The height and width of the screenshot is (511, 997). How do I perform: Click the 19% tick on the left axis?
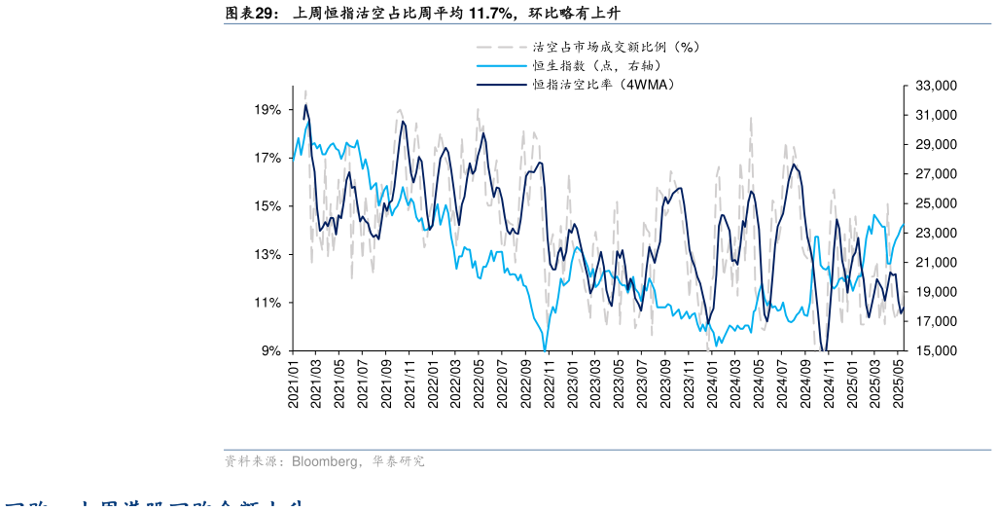(x=268, y=110)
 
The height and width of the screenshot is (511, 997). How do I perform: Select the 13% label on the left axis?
(x=268, y=255)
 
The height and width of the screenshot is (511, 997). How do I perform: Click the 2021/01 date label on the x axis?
(x=293, y=383)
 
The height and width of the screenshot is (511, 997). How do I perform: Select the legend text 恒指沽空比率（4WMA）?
(x=603, y=85)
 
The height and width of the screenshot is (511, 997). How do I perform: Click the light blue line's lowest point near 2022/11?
(x=545, y=349)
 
